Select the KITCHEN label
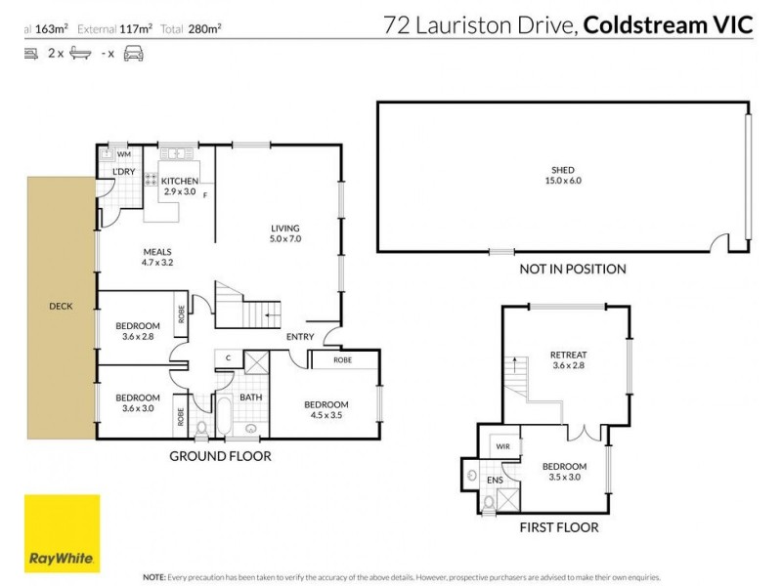[180, 182]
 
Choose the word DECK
[61, 306]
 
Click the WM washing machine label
[124, 153]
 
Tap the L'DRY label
[123, 173]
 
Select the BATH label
[250, 398]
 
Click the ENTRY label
[300, 337]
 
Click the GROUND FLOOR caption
[220, 456]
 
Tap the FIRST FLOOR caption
[559, 527]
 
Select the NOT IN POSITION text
[573, 269]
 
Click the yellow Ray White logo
[62, 532]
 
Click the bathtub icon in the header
[80, 55]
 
